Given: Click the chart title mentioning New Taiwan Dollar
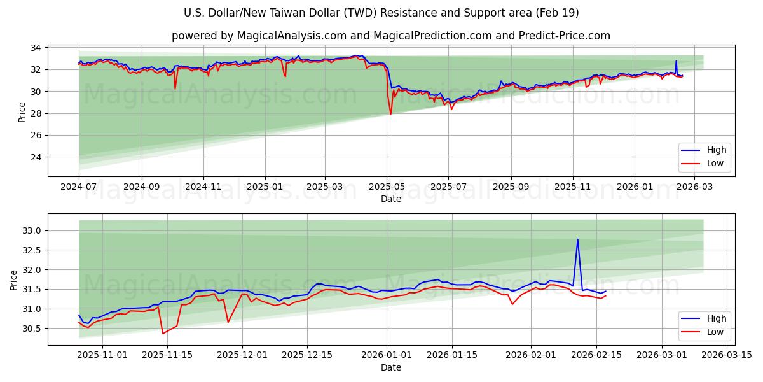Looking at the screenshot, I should click(x=381, y=13).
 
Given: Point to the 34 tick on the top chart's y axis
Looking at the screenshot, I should click(x=36, y=48).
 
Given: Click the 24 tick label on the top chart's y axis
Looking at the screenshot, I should click(x=36, y=157).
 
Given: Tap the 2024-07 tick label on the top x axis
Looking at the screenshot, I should click(x=79, y=187).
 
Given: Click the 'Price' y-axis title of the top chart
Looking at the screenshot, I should click(x=22, y=112).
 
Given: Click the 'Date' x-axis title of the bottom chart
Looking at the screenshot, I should click(x=390, y=367).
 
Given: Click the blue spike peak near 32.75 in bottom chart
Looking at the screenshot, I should click(x=577, y=239).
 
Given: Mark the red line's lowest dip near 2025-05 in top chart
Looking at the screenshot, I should click(x=390, y=114).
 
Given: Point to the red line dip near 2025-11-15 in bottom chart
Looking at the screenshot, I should click(x=163, y=333).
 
